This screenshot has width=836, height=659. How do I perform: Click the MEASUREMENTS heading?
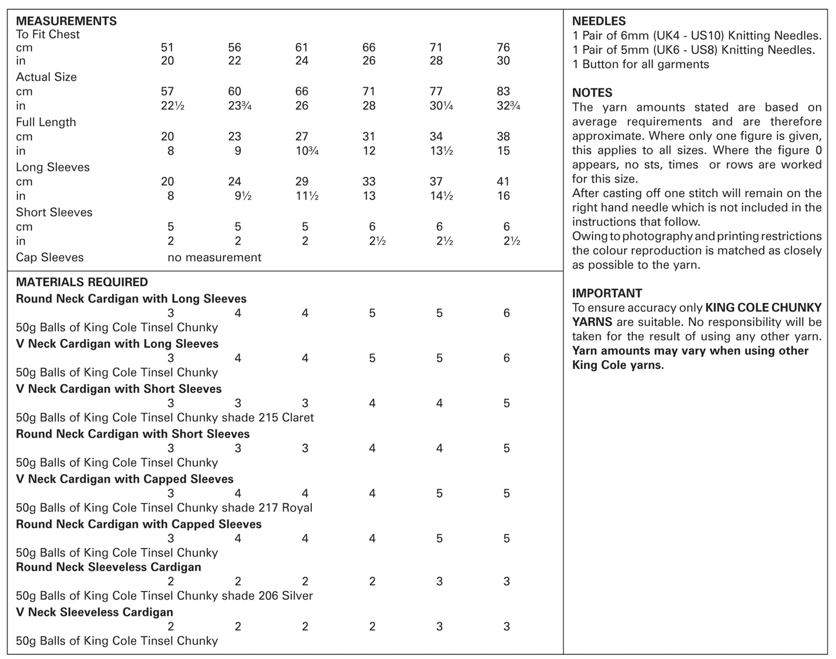pyautogui.click(x=66, y=21)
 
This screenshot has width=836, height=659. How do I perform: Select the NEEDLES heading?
pyautogui.click(x=599, y=21)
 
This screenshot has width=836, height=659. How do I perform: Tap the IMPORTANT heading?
pyautogui.click(x=607, y=293)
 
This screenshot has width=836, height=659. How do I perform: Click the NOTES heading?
pyautogui.click(x=592, y=92)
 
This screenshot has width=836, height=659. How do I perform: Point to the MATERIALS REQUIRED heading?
pyautogui.click(x=82, y=282)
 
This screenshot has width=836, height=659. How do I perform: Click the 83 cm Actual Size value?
pyautogui.click(x=503, y=91)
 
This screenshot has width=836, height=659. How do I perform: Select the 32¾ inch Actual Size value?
pyautogui.click(x=508, y=106)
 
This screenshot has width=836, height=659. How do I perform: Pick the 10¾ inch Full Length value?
pyautogui.click(x=307, y=151)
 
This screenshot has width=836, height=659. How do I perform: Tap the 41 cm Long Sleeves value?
pyautogui.click(x=503, y=182)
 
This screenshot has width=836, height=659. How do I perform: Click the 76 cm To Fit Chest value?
pyautogui.click(x=503, y=47)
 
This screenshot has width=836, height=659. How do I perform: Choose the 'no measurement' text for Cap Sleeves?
pyautogui.click(x=214, y=257)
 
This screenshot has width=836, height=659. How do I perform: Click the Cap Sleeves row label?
pyautogui.click(x=50, y=257)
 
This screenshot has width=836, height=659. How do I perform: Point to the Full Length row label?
pyautogui.click(x=46, y=122)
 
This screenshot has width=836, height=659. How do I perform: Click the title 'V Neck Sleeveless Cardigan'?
pyautogui.click(x=94, y=612)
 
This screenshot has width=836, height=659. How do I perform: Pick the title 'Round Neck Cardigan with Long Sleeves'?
pyautogui.click(x=131, y=299)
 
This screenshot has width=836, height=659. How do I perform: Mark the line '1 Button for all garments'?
pyautogui.click(x=640, y=64)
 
